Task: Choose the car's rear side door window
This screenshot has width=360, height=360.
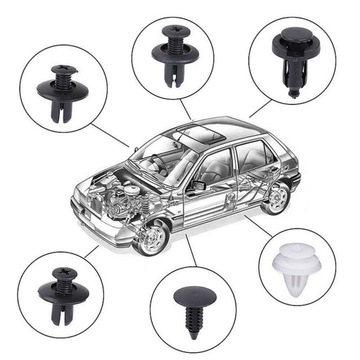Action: (x=246, y=158)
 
